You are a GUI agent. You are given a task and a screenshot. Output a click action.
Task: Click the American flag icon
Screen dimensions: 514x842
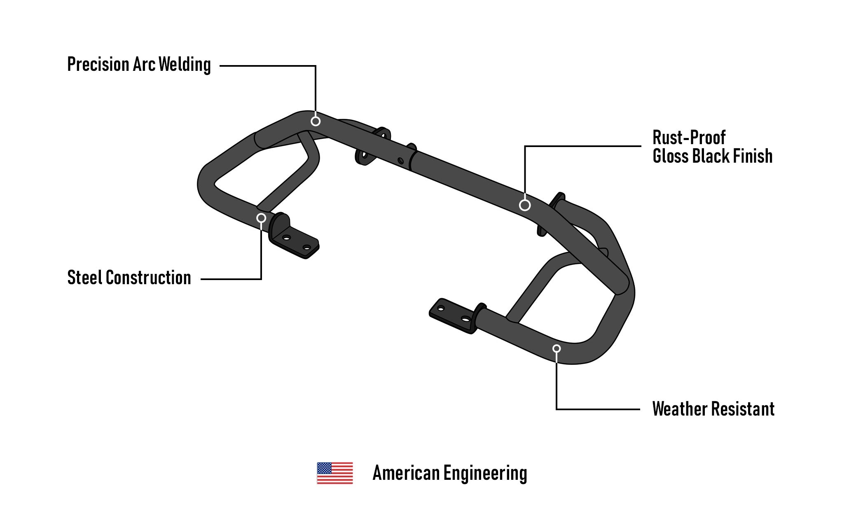coord(334,473)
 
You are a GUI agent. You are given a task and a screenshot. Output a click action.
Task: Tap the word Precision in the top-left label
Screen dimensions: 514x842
coord(98,65)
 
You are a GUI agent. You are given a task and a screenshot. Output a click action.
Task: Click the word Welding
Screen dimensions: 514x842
coord(185,65)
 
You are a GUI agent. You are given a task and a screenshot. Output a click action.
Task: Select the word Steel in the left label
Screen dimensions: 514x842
coord(84,278)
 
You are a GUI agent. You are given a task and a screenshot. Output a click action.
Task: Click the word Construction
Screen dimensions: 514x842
coord(148,278)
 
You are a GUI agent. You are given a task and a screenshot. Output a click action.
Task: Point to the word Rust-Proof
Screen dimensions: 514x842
coord(689,138)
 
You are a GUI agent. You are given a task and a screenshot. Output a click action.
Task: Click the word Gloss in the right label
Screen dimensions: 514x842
coord(670,156)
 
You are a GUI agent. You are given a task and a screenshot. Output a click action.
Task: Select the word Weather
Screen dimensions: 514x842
coord(680,409)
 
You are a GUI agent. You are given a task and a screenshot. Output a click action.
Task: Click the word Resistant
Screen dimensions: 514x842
coord(743,409)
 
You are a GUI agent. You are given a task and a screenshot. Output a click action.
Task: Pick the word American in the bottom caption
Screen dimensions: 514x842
coord(406,473)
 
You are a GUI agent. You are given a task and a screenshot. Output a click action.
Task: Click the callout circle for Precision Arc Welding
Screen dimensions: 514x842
coord(316,121)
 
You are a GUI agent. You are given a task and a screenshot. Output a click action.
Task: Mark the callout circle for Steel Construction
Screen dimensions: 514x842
coord(261,218)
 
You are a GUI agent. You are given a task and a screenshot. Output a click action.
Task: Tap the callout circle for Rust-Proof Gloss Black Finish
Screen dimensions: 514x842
coord(524,205)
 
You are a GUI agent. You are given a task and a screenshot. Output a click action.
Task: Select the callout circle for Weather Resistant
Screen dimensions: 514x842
coord(557,348)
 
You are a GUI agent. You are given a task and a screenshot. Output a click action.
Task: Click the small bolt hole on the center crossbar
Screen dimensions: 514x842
coord(400,161)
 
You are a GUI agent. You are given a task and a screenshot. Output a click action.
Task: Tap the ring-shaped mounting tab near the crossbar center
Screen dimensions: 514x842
coord(365,155)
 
